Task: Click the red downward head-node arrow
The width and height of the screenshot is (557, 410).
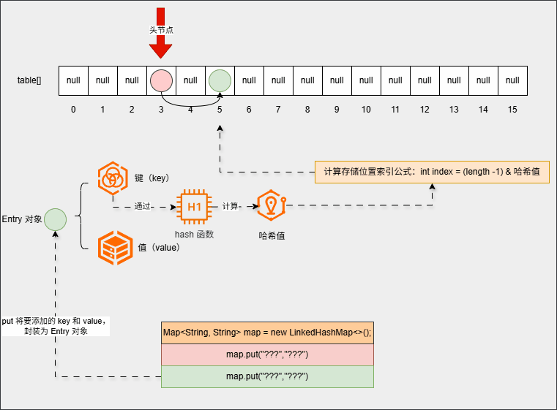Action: (x=160, y=44)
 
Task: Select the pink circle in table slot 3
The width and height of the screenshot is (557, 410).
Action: (x=160, y=80)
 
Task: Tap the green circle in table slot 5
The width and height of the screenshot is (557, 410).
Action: (x=219, y=80)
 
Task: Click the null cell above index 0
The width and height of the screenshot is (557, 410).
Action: (x=73, y=80)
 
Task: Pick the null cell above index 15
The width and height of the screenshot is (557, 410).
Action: (x=512, y=80)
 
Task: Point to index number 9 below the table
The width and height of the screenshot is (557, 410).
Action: (x=337, y=110)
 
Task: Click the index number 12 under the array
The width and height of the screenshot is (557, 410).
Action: (x=425, y=110)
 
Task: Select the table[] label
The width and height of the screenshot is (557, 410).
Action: (x=29, y=80)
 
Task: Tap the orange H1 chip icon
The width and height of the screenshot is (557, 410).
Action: (x=195, y=207)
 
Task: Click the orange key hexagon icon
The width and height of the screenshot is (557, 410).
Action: (x=113, y=178)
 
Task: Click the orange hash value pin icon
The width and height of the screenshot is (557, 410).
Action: (x=271, y=206)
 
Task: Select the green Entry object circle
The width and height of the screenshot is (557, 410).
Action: (x=55, y=219)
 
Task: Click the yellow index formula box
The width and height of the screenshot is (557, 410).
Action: (x=432, y=172)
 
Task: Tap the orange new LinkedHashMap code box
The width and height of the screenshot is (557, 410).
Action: (x=267, y=333)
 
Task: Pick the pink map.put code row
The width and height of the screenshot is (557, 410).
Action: (x=267, y=354)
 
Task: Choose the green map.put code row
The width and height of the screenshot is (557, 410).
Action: (x=267, y=376)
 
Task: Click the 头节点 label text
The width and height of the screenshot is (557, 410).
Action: (x=160, y=30)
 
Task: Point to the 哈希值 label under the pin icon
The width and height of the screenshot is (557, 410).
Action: (x=272, y=235)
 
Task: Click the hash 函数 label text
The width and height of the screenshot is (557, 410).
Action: (x=194, y=234)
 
